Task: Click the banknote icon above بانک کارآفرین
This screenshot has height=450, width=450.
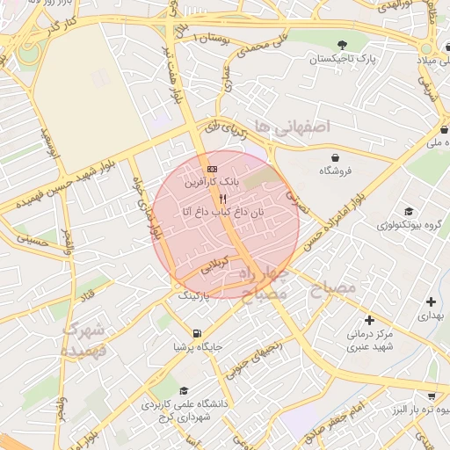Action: pyautogui.click(x=211, y=169)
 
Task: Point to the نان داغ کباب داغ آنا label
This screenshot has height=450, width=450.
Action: pyautogui.click(x=223, y=213)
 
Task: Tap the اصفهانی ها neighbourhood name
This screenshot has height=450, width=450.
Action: pyautogui.click(x=290, y=127)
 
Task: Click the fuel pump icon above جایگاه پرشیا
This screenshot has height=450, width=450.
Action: pyautogui.click(x=195, y=333)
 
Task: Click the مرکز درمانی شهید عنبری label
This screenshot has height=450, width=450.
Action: pyautogui.click(x=368, y=341)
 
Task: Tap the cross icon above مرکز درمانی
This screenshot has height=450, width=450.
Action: pyautogui.click(x=369, y=320)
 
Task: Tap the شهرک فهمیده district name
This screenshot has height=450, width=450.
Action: pyautogui.click(x=83, y=339)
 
